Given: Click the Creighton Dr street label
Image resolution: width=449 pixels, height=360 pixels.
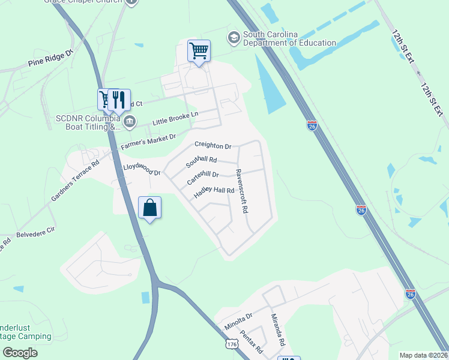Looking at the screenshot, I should [212, 146].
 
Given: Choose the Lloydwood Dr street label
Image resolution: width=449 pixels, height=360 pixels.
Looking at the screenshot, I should [142, 170].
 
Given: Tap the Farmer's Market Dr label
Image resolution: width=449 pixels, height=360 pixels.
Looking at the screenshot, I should [148, 142].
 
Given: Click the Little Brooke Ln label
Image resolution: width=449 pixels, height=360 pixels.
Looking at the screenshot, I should [175, 118].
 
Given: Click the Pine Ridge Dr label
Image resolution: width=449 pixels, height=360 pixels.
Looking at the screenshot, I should [50, 58].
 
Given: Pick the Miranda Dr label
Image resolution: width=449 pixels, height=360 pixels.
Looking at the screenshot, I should [277, 329].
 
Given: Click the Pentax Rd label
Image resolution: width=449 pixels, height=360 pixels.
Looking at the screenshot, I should [252, 341].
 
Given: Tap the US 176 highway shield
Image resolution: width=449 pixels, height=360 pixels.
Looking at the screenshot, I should [233, 344].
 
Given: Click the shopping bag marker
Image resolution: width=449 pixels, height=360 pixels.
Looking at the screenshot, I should [149, 208].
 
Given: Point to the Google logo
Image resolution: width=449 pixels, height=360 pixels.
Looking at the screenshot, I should [20, 353].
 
